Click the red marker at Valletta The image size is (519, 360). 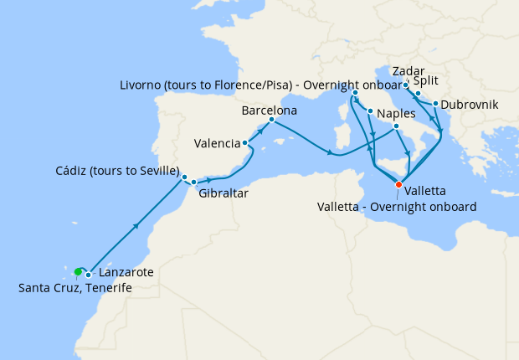[398, 184]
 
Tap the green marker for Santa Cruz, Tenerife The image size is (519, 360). [78, 271]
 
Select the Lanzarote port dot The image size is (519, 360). [88, 275]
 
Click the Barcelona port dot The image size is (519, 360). [271, 119]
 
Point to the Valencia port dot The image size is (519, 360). [244, 142]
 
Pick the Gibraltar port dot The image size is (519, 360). [193, 182]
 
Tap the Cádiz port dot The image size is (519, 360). [184, 177]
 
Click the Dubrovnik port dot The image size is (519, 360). [435, 104]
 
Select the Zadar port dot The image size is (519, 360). [406, 85]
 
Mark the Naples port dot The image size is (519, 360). [369, 111]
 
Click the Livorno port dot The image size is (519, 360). [356, 92]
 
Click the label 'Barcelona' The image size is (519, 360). [270, 110]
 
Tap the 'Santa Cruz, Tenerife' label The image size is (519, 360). [75, 288]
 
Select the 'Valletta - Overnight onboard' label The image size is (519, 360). [398, 206]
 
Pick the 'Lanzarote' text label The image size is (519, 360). [126, 273]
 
